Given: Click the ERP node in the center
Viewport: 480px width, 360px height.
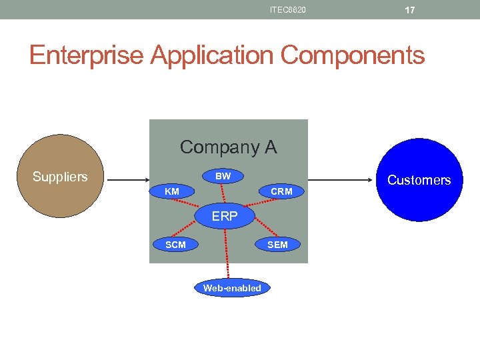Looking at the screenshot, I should point(225,217).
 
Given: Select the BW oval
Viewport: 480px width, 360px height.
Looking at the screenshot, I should point(223,177).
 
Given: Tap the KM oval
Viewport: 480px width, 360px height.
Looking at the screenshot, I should point(172,192).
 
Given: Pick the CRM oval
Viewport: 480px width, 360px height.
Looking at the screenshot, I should point(281,192).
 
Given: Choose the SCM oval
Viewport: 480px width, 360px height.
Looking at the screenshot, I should point(175,245).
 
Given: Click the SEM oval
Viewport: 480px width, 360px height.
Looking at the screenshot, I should point(277,245).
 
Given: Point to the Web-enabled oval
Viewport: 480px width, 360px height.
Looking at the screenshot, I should point(232,288).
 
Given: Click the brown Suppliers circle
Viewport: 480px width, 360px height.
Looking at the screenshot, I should point(61,177).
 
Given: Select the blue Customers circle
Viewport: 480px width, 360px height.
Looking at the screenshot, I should point(419,180).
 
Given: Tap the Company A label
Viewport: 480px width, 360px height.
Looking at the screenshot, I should point(228,147).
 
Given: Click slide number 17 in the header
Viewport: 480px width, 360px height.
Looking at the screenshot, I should point(410,10).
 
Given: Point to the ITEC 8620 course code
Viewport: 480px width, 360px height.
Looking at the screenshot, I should point(288,10).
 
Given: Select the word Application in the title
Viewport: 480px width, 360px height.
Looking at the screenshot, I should point(213,55).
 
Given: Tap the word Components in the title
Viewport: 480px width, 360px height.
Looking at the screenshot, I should point(353,55).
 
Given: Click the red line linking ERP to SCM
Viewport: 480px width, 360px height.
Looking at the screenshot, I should point(199,231).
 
